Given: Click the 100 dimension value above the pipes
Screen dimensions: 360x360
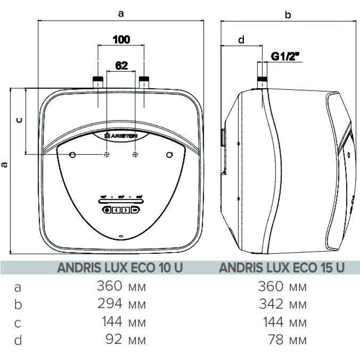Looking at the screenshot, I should tap(121, 39).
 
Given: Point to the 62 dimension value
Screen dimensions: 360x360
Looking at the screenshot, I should tap(121, 65).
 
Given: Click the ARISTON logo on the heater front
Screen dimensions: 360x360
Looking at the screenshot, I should tap(121, 135).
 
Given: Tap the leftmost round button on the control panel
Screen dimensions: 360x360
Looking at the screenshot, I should tap(107, 210).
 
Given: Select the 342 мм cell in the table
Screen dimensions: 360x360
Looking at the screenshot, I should tap(283, 305).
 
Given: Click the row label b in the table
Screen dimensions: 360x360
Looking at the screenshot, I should tap(18, 305).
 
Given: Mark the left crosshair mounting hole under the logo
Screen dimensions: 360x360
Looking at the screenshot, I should tap(107, 154).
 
